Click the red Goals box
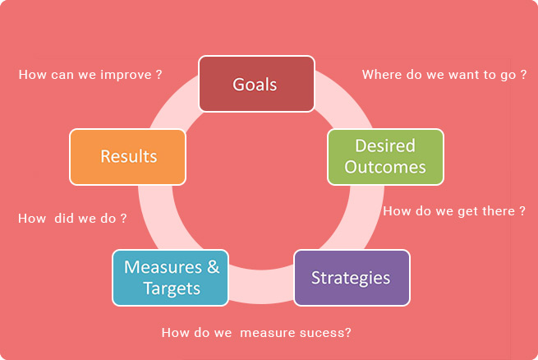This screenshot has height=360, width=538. point(256,84)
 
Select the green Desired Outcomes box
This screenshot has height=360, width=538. point(386,157)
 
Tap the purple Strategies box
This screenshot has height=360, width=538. point(352,278)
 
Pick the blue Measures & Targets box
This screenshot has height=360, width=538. point(171,278)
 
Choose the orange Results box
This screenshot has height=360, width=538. point(127,157)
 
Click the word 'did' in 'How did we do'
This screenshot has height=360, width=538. point(64,219)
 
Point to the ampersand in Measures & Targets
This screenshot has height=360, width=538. point(213,267)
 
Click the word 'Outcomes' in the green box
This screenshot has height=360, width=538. point(385,167)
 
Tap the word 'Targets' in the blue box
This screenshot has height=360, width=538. point(172,288)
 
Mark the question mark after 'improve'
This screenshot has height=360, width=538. point(159,75)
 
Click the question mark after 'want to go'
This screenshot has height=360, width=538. point(523,75)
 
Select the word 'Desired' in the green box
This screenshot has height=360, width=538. point(385,145)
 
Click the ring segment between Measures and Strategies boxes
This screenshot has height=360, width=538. point(261,286)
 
